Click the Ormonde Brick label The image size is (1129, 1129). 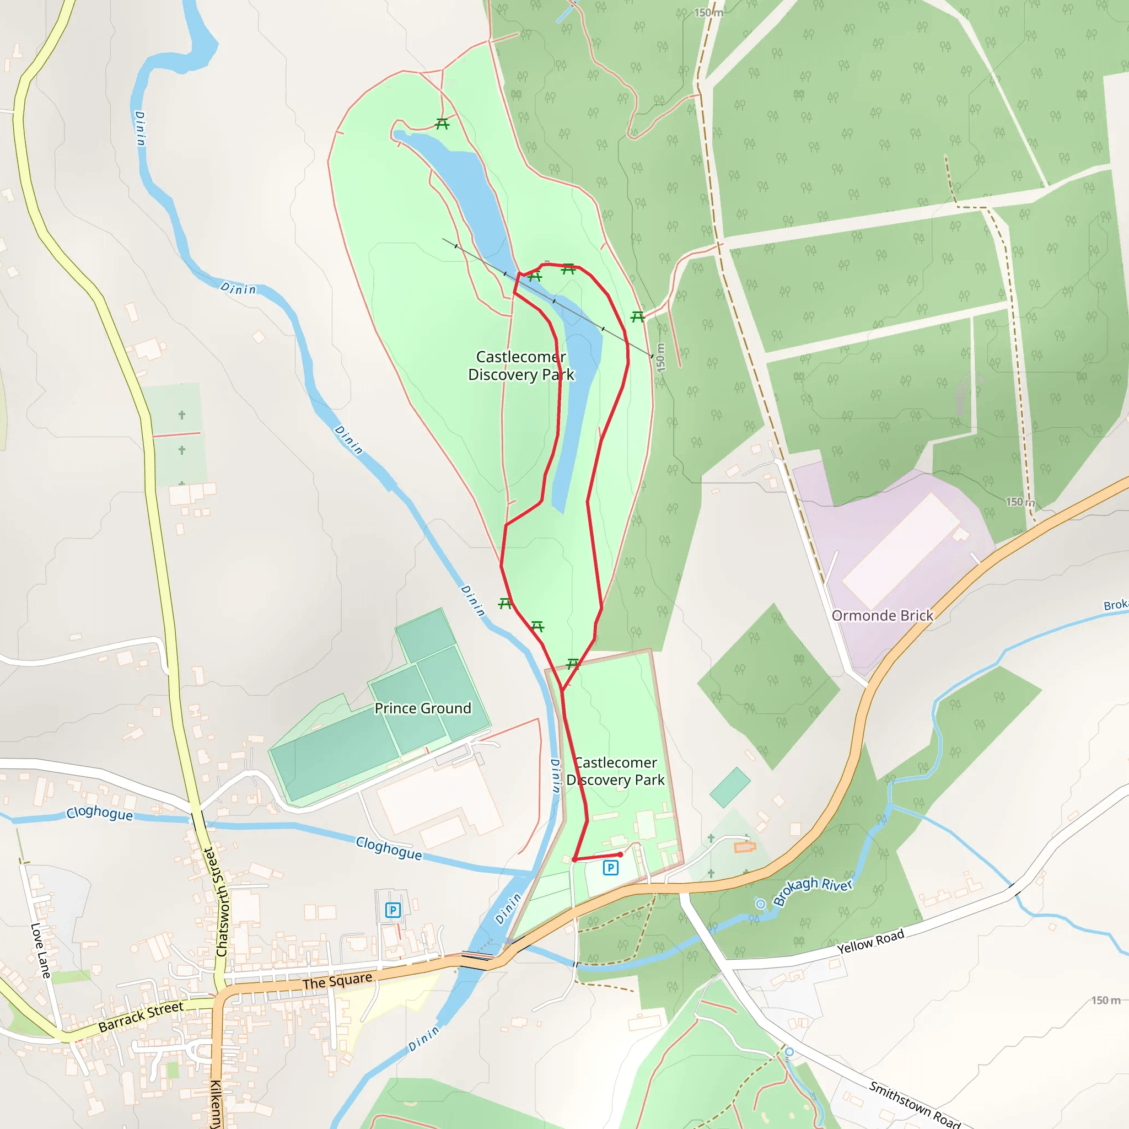coord(882,616)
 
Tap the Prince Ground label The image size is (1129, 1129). coord(422,708)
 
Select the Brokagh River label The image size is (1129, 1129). coord(812,891)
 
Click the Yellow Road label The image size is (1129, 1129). coord(870,942)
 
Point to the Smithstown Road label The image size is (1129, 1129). coord(915,1104)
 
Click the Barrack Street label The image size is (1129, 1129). coord(141,1017)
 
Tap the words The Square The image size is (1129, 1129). coord(337,981)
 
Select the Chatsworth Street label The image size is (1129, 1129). coord(217,902)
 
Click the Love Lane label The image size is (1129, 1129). coord(40,950)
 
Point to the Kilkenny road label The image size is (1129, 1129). coord(216,1104)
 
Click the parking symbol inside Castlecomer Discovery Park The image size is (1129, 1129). coord(611,868)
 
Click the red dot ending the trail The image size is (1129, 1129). coord(621,854)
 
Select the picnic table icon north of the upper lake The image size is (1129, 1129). coord(442,124)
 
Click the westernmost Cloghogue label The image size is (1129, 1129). coord(99,813)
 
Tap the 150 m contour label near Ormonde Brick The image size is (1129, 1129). coord(1020,502)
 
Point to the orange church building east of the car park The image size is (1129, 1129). coord(744,847)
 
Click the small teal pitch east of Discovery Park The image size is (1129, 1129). coord(730,787)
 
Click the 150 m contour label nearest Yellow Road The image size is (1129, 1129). coord(1106,1001)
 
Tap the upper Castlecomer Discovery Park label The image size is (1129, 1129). coord(522,365)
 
